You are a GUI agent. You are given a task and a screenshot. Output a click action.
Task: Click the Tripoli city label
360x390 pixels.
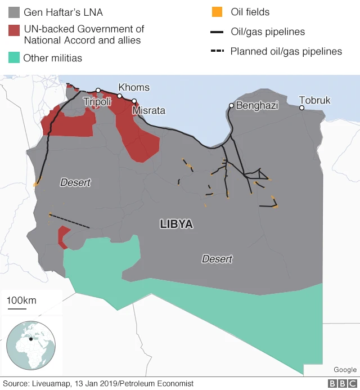(x=97, y=102)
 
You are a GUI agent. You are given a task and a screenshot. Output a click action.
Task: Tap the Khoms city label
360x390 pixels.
(x=134, y=87)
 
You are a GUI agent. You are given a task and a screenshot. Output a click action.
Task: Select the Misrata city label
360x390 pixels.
(x=148, y=111)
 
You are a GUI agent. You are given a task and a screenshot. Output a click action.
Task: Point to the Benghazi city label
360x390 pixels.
(x=257, y=105)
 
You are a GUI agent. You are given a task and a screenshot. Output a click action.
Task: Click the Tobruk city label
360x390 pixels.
(x=314, y=100)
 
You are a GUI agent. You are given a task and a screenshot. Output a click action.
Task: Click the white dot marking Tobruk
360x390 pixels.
(x=301, y=107)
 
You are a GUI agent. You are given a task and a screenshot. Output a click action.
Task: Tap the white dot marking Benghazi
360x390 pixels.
(x=231, y=105)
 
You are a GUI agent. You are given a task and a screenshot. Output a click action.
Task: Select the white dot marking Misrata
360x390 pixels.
(x=134, y=101)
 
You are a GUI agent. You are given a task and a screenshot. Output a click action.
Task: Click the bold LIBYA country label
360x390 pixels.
(x=176, y=224)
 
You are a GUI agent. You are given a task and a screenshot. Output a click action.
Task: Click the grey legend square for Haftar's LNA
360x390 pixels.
(x=14, y=12)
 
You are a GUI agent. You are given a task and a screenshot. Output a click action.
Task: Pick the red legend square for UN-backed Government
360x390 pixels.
(x=14, y=29)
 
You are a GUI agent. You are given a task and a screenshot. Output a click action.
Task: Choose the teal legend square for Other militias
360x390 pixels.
(x=14, y=57)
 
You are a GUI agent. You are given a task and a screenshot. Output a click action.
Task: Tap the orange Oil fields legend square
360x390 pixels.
(x=217, y=12)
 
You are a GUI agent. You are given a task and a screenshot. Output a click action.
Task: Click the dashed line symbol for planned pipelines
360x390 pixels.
(x=217, y=51)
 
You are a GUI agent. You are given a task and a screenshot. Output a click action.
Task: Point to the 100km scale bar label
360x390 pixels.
(x=21, y=301)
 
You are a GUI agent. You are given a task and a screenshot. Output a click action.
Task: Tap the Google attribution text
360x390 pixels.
(x=345, y=369)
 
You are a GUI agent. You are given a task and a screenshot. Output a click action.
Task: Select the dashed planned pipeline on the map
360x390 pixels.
(x=70, y=221)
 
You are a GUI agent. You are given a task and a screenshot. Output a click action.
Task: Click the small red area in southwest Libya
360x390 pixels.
(x=64, y=236)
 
